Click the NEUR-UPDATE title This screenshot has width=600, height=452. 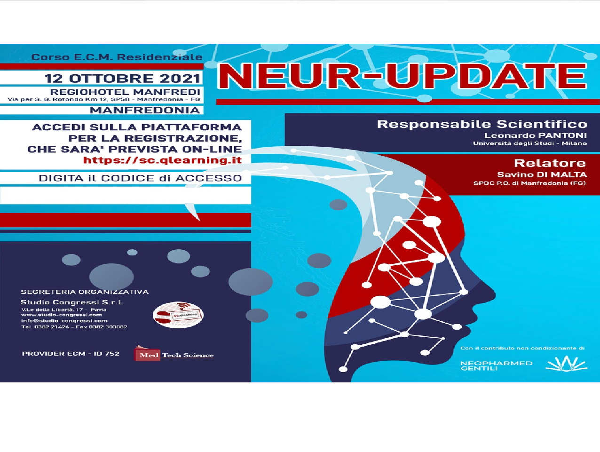click(x=402, y=76)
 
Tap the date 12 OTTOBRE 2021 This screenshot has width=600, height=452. click(x=123, y=78)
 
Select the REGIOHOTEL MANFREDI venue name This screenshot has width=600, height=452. click(x=125, y=92)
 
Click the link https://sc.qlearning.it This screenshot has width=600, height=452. click(x=162, y=160)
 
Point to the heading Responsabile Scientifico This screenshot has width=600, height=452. click(x=482, y=124)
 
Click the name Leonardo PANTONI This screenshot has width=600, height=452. click(x=535, y=135)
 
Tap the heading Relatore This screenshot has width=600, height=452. click(x=550, y=163)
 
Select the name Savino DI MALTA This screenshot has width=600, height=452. click(x=542, y=174)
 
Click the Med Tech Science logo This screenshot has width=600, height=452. click(x=174, y=355)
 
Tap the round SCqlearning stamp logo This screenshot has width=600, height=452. click(x=178, y=315)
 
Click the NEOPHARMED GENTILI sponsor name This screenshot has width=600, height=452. click(x=496, y=365)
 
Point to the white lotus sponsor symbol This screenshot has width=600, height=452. click(x=566, y=364)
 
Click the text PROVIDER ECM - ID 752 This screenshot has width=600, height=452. click(x=71, y=354)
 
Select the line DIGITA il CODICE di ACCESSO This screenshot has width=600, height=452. click(x=140, y=178)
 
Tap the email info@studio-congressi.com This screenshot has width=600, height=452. click(x=64, y=321)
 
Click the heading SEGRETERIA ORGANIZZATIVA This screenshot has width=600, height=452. click(x=85, y=292)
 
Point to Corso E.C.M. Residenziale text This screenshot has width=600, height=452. click(x=117, y=57)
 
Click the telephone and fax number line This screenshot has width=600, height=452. click(x=74, y=327)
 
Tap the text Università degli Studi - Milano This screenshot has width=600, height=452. click(x=529, y=143)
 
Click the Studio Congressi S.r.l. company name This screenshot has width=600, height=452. click(x=71, y=302)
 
